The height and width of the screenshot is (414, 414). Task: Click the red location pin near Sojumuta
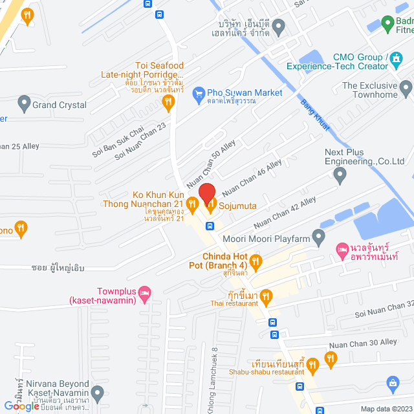[206, 193]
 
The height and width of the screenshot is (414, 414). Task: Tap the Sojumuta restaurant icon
[211, 205]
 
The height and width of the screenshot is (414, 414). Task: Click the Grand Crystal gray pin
[25, 102]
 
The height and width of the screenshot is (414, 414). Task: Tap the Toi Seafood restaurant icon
[168, 102]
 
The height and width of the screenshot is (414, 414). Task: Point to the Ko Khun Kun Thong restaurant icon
[192, 205]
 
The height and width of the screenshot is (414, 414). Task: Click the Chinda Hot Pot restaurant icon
[256, 261]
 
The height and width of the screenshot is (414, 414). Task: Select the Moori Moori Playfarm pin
[318, 237]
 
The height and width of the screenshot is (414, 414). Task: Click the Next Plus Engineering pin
[340, 173]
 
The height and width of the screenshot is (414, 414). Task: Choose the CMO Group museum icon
[395, 62]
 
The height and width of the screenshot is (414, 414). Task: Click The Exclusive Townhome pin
[406, 86]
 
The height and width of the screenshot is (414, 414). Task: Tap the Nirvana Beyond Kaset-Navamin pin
[98, 392]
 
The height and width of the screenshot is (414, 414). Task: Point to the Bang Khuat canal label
[314, 116]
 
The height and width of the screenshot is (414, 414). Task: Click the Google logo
[21, 406]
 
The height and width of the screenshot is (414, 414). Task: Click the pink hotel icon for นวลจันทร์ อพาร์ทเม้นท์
[341, 249]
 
